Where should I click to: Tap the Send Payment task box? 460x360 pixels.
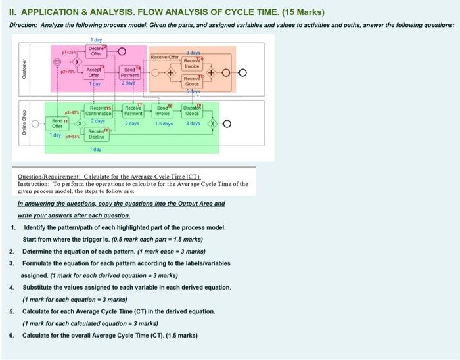(129, 72)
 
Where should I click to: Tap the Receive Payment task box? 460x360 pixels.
(133, 111)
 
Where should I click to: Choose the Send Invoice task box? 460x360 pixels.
(164, 111)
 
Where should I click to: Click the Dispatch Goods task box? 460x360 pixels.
(193, 111)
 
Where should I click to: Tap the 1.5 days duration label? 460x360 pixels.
(164, 124)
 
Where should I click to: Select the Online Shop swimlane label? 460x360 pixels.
(24, 125)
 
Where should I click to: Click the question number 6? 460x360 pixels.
(12, 334)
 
